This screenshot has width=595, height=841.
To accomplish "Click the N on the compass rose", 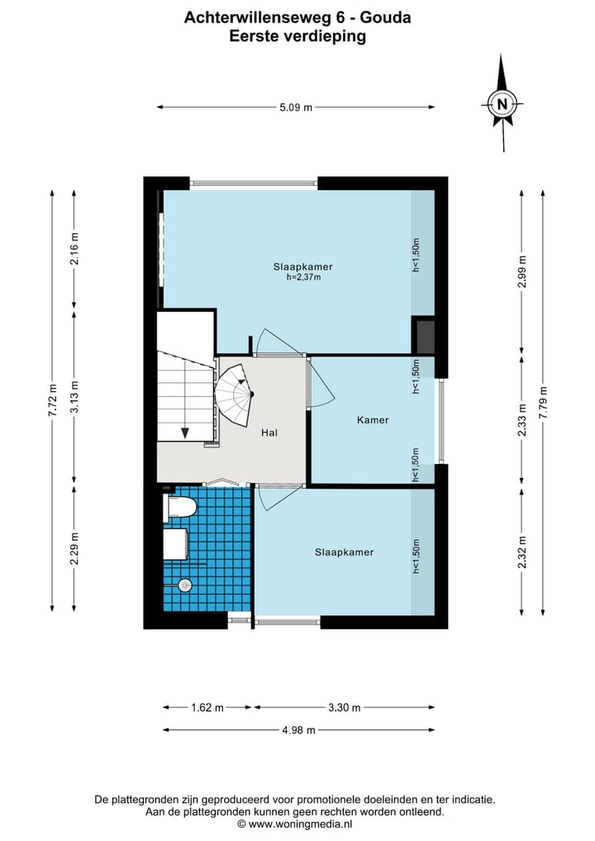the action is (x=502, y=104).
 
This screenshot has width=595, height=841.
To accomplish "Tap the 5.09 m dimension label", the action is (x=296, y=108).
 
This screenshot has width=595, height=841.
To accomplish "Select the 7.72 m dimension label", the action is (x=52, y=401).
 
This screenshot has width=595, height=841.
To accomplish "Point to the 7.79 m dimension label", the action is (x=543, y=402).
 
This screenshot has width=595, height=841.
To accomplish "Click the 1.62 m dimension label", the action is (x=207, y=707).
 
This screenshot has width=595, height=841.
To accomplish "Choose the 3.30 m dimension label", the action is (x=344, y=707).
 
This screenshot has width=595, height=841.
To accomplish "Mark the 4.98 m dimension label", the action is (x=298, y=730).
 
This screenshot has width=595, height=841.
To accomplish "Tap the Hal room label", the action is (x=269, y=432).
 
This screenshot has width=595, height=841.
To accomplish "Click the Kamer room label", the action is (x=373, y=420).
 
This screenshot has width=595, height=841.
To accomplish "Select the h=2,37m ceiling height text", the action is (x=303, y=277).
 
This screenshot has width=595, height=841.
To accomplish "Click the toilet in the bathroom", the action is (x=179, y=508).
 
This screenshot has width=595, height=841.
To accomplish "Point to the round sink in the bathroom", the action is (x=185, y=585).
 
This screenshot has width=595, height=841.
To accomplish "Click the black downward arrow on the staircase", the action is (x=185, y=432).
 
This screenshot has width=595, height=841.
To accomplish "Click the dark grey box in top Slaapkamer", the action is (x=423, y=337).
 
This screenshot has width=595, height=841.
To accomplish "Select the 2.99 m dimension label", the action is (x=521, y=271).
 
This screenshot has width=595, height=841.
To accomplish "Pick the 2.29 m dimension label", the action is (x=74, y=548).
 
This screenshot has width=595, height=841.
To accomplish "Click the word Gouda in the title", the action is (x=385, y=17).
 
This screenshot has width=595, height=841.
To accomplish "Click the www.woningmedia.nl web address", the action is (x=300, y=824).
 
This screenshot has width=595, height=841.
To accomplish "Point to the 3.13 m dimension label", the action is (x=74, y=396).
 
